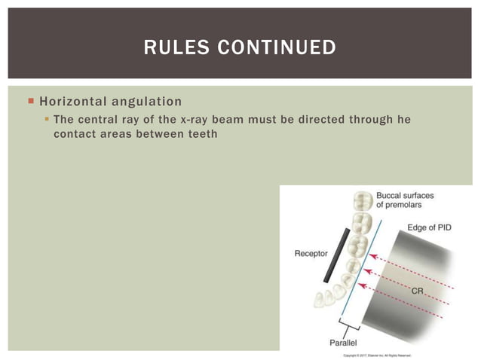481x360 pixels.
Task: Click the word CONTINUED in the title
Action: (x=279, y=48)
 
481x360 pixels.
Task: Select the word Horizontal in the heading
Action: (x=72, y=101)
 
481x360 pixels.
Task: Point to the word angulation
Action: (x=146, y=101)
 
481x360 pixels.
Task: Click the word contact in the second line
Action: (x=74, y=134)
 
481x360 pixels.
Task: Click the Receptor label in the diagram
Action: (x=310, y=253)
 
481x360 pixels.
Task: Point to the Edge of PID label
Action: (x=429, y=227)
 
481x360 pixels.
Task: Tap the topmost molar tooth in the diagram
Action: (x=363, y=201)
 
